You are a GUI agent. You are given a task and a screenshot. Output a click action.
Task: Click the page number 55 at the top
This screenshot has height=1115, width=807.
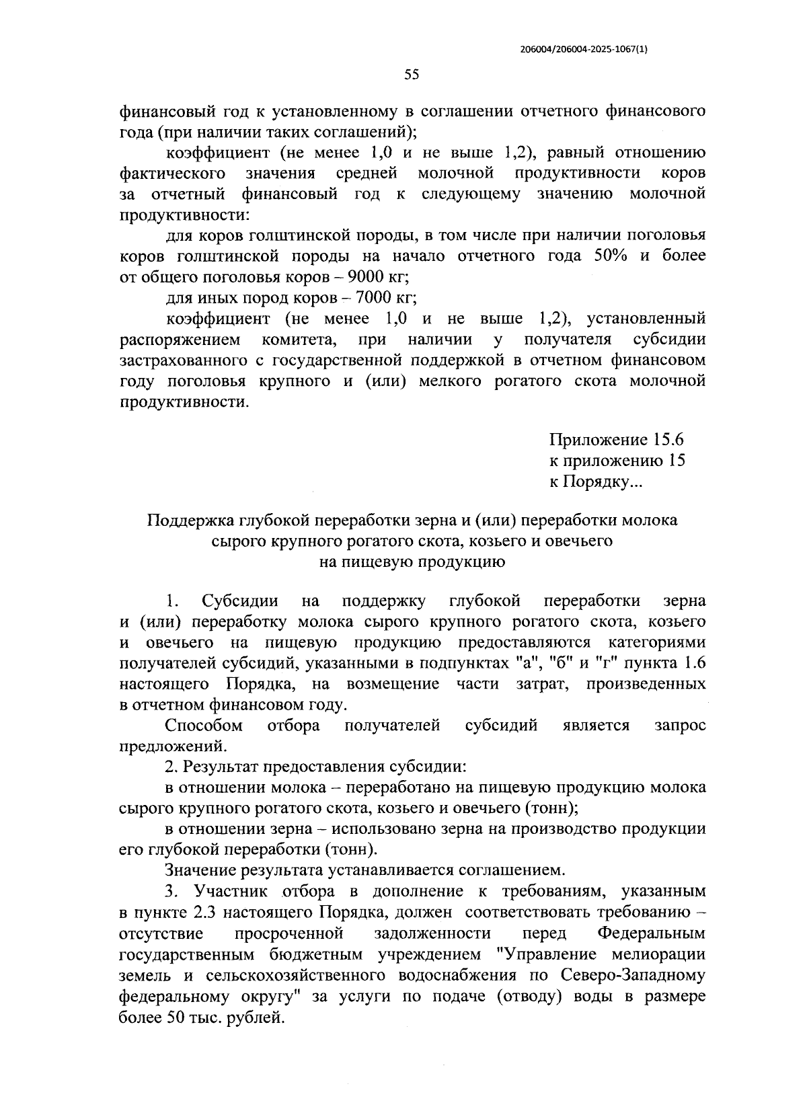tap(412, 75)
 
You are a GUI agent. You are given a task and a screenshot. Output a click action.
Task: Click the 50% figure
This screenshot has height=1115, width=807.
tap(611, 256)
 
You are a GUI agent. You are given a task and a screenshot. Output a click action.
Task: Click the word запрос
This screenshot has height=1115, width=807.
tap(679, 726)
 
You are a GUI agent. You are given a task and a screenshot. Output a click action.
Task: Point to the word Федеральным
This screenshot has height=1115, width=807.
tap(651, 934)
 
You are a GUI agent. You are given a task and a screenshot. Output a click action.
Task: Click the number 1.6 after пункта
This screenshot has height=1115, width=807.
tap(691, 664)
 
